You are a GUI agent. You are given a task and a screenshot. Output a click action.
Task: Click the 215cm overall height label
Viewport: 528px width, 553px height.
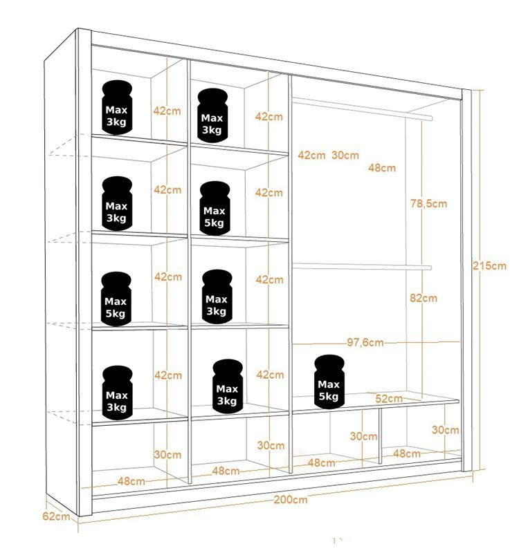(489, 265)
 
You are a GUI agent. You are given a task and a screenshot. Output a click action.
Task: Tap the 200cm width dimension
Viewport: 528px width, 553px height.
(291, 499)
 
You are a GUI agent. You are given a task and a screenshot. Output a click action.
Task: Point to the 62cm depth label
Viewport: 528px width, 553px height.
(56, 516)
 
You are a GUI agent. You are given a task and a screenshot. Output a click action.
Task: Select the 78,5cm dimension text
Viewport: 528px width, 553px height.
(428, 203)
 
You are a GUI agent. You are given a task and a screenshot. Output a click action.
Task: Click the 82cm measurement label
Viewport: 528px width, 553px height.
(424, 298)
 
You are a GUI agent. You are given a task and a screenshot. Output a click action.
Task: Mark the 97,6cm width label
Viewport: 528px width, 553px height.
(365, 342)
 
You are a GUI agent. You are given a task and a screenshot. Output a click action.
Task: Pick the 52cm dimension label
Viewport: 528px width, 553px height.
(389, 399)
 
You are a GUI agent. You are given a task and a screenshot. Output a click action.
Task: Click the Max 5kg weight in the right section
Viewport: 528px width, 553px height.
(329, 382)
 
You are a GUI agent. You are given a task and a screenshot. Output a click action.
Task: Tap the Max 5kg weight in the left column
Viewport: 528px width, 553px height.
(116, 299)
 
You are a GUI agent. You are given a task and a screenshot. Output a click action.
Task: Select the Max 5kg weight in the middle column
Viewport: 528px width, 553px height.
(215, 208)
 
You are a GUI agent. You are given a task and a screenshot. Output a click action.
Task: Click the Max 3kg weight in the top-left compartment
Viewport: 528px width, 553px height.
(117, 108)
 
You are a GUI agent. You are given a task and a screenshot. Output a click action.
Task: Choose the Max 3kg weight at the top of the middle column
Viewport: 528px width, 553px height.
(212, 115)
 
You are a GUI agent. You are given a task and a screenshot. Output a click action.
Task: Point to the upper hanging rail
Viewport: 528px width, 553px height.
(362, 109)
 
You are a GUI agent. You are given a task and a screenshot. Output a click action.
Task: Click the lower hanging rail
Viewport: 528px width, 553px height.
(362, 267)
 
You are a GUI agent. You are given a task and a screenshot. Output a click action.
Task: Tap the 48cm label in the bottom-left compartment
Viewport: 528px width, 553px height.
(131, 481)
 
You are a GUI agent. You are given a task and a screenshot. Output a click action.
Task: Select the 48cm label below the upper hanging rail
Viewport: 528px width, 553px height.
(382, 167)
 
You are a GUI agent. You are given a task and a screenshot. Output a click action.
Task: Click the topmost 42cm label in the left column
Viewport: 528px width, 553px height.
(167, 111)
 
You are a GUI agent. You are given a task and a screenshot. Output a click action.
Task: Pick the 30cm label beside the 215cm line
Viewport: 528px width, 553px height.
(446, 429)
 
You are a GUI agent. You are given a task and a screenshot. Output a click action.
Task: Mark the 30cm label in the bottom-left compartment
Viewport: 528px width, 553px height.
(167, 454)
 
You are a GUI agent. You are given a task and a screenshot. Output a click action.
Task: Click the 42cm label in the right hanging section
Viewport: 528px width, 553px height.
(311, 155)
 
